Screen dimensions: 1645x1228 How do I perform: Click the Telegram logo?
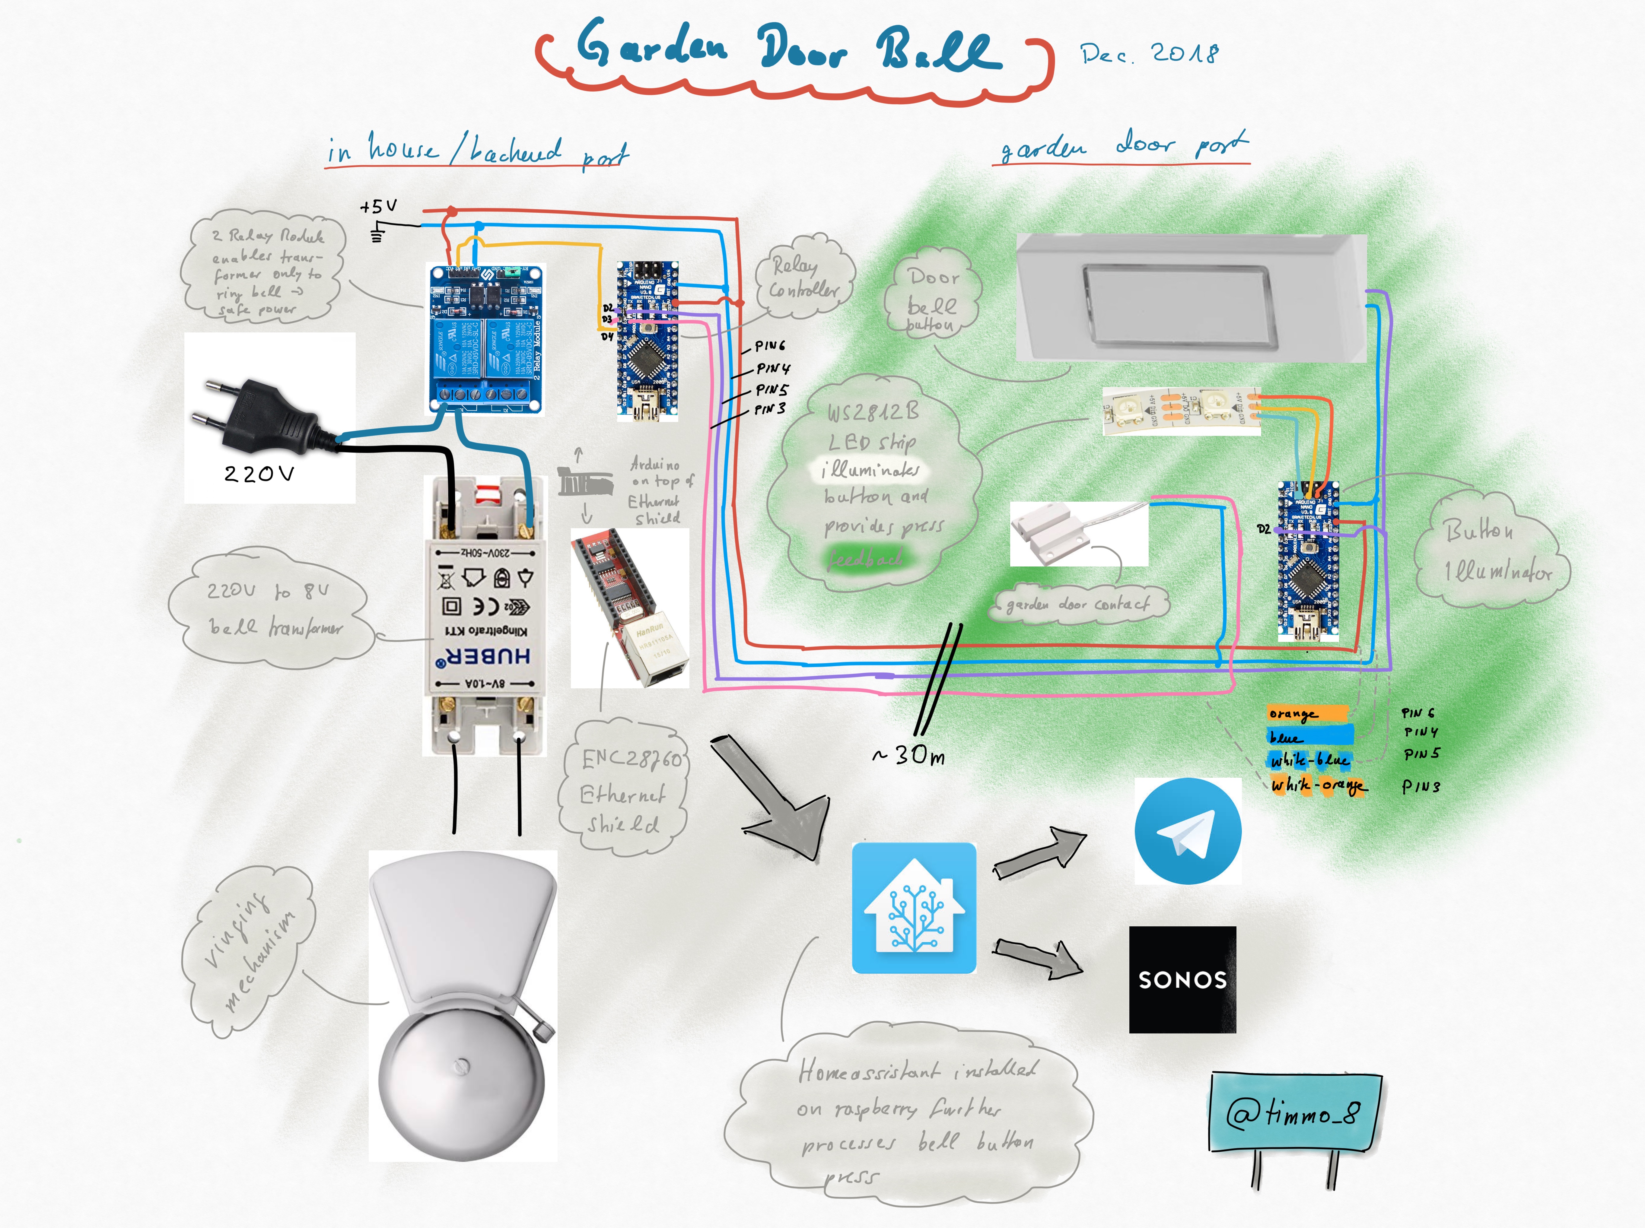[1187, 830]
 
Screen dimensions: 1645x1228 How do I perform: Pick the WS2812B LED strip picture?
[1180, 410]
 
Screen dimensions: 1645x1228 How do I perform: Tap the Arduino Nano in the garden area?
[1307, 561]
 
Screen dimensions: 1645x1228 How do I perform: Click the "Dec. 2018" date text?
[1148, 53]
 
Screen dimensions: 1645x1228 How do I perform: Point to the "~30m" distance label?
[908, 755]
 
